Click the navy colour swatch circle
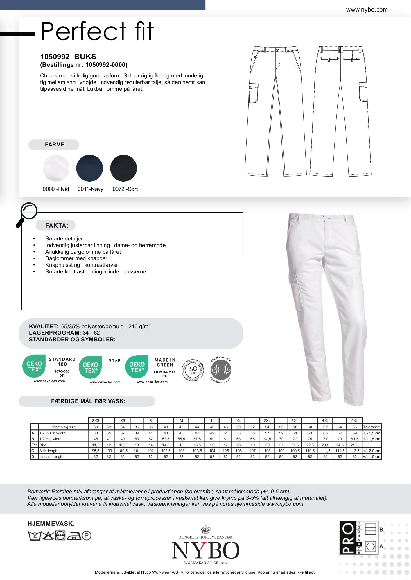[x=89, y=168]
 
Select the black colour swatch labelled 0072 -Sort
[x=123, y=168]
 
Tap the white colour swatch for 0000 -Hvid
[x=56, y=168]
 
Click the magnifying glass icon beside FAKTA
[x=27, y=214]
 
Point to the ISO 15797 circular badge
[x=193, y=370]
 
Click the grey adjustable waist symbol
[x=221, y=370]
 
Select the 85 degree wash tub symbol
[x=34, y=536]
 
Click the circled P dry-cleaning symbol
[x=87, y=536]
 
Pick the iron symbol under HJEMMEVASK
[x=74, y=536]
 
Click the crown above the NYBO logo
[x=205, y=530]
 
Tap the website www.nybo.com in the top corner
[x=367, y=10]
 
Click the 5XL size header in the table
[x=354, y=420]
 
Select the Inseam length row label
[x=51, y=456]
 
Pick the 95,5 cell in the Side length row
[x=96, y=451]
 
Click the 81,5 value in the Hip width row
[x=354, y=439]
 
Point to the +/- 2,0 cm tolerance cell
[x=371, y=451]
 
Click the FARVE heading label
[x=55, y=145]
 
